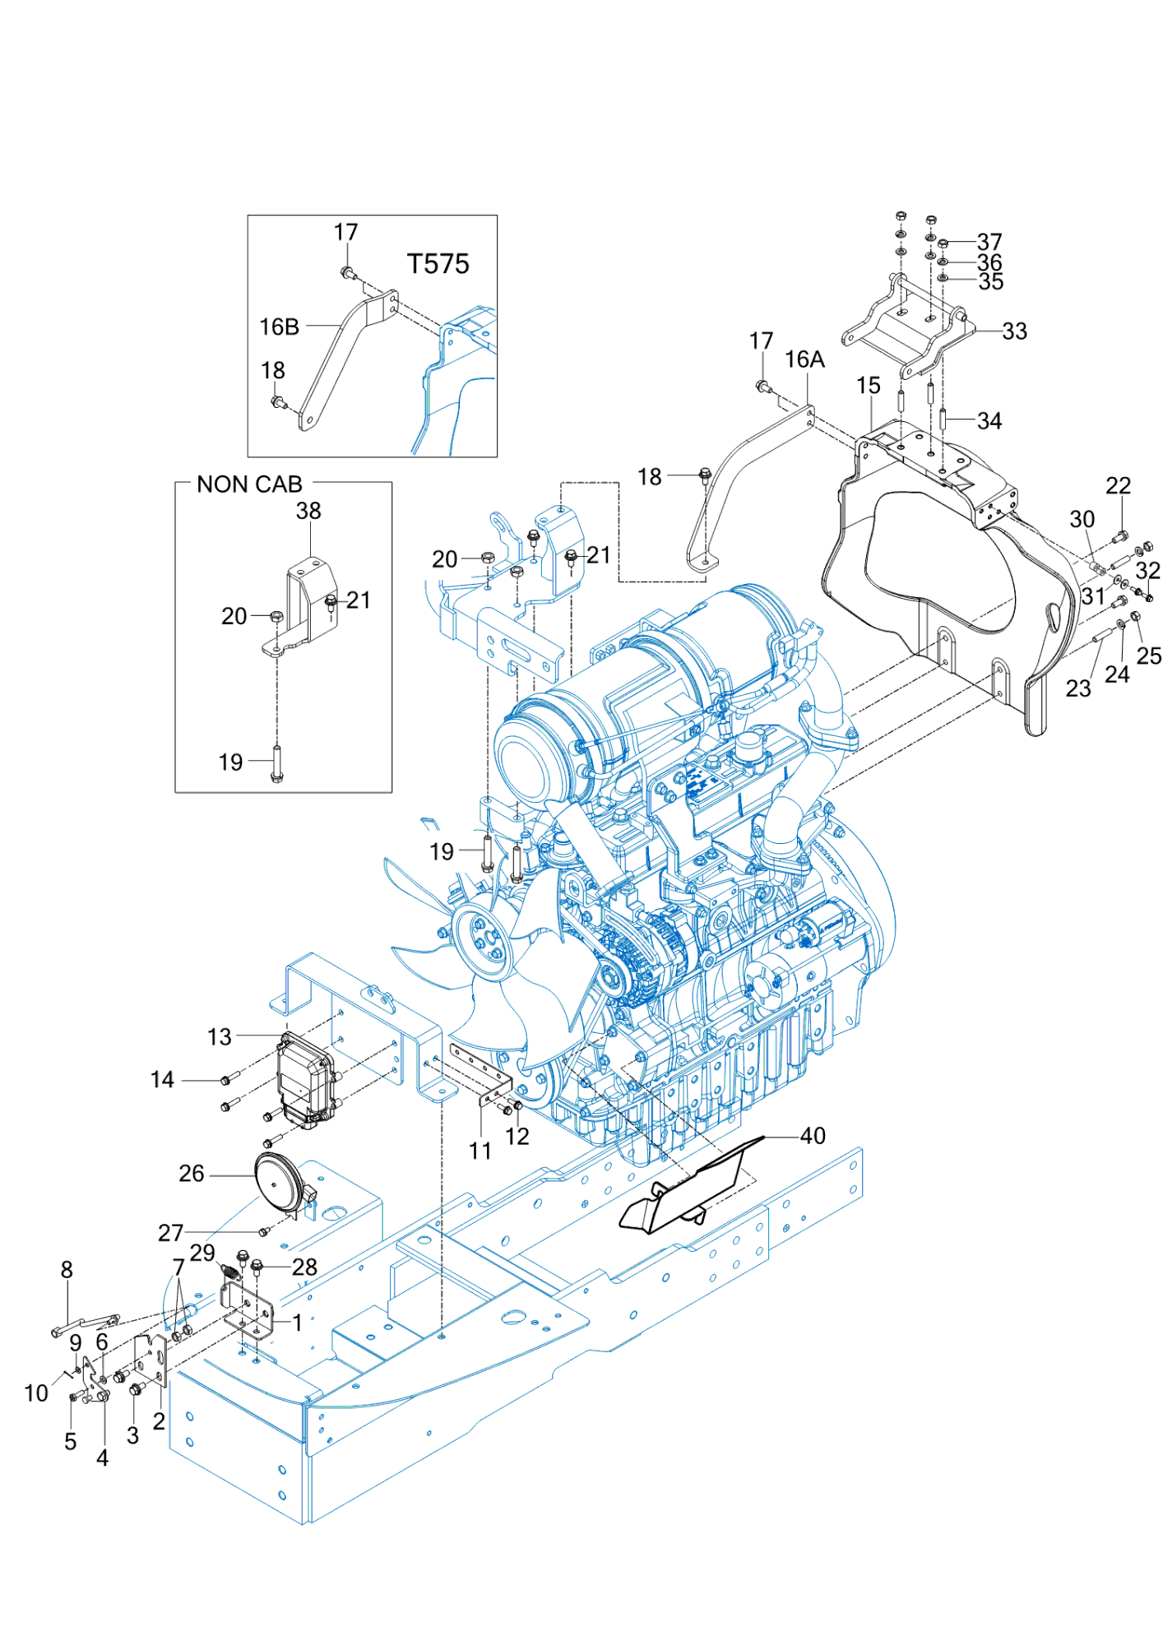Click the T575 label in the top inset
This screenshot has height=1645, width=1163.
[x=438, y=264]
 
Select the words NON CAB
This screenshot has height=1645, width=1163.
[x=249, y=484]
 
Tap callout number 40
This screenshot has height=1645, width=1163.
[x=813, y=1136]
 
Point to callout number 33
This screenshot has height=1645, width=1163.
[x=1014, y=331]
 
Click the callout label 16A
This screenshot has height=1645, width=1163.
[x=804, y=359]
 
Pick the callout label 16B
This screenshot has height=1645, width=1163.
[x=280, y=327]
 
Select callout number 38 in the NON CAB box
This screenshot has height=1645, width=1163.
[x=308, y=511]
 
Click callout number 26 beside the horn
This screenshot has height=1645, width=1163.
[x=192, y=1174]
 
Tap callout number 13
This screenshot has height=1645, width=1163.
[x=220, y=1037]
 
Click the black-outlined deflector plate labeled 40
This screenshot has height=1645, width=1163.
[x=691, y=1184]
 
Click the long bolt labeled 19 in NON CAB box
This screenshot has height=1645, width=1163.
[x=276, y=764]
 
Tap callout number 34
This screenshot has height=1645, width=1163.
[x=989, y=421]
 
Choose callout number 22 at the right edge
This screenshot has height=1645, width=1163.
[x=1118, y=485]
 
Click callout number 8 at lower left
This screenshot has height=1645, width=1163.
[x=67, y=1270]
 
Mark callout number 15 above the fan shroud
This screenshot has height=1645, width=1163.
[x=868, y=385]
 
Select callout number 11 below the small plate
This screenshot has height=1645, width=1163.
[x=480, y=1151]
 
